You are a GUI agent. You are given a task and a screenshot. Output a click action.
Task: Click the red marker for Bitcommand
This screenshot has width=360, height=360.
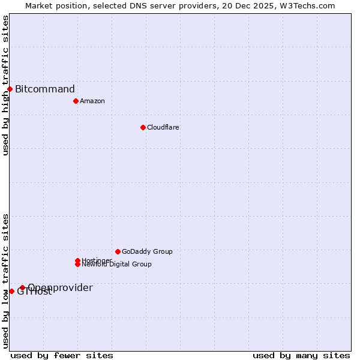click(x=10, y=89)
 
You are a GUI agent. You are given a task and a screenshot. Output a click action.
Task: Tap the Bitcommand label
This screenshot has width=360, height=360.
click(x=45, y=89)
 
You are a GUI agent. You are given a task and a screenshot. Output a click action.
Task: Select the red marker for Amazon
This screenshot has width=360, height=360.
click(x=76, y=101)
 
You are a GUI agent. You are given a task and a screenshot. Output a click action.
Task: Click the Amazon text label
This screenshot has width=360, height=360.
click(x=92, y=101)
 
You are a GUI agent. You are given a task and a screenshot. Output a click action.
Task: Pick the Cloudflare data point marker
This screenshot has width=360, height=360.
click(x=143, y=127)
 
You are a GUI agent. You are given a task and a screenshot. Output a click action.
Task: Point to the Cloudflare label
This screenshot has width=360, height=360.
click(x=163, y=127)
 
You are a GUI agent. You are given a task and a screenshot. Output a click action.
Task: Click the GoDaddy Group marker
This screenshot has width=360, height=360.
click(x=118, y=251)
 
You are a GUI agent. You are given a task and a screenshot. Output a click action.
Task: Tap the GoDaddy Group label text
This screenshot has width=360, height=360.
click(x=147, y=251)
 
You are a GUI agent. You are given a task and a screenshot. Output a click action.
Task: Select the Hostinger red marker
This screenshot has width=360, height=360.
click(x=78, y=260)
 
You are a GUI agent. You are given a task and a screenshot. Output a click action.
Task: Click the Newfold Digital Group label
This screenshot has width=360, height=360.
click(x=117, y=265)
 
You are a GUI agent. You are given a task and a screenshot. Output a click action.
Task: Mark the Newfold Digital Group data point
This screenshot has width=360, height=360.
click(x=78, y=264)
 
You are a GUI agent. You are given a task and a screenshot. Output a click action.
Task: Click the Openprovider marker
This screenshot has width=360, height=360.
click(x=22, y=287)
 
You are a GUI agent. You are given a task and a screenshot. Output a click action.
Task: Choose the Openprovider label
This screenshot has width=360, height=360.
click(x=60, y=288)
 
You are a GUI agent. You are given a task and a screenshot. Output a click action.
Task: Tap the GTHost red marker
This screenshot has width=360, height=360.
click(x=11, y=291)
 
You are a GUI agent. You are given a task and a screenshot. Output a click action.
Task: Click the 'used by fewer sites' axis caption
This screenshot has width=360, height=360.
click(x=62, y=355)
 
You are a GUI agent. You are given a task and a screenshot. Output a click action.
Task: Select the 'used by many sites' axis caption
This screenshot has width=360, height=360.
click(x=301, y=355)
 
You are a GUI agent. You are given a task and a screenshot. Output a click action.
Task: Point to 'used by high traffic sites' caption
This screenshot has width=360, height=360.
click(x=5, y=85)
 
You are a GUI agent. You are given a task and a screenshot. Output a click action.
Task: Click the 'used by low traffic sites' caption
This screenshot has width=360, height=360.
click(x=5, y=281)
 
